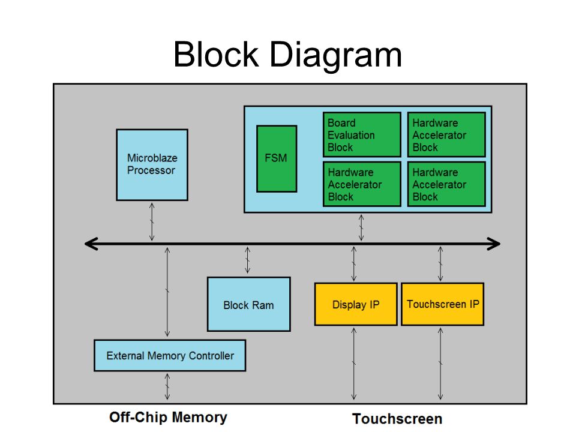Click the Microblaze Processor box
pyautogui.click(x=152, y=164)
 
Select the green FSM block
pyautogui.click(x=277, y=158)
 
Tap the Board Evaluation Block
pyautogui.click(x=362, y=135)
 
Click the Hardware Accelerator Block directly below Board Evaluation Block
pyautogui.click(x=362, y=184)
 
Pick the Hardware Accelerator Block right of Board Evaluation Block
pyautogui.click(x=446, y=135)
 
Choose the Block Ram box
pyautogui.click(x=248, y=304)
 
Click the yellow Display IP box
pyautogui.click(x=356, y=304)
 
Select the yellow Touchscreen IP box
pyautogui.click(x=443, y=304)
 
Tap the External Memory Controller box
pyautogui.click(x=170, y=355)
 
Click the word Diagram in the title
pyautogui.click(x=336, y=55)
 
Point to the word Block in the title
pyautogui.click(x=217, y=54)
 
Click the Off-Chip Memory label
pyautogui.click(x=168, y=418)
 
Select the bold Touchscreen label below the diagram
pyautogui.click(x=397, y=419)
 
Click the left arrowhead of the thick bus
pyautogui.click(x=91, y=244)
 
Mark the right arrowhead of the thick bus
pyautogui.click(x=494, y=244)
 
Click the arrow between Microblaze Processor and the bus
pyautogui.click(x=152, y=221)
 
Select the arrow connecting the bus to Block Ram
pyautogui.click(x=248, y=260)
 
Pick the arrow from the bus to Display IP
pyautogui.click(x=354, y=264)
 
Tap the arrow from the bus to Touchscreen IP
pyautogui.click(x=440, y=264)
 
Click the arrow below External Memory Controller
pyautogui.click(x=167, y=386)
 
